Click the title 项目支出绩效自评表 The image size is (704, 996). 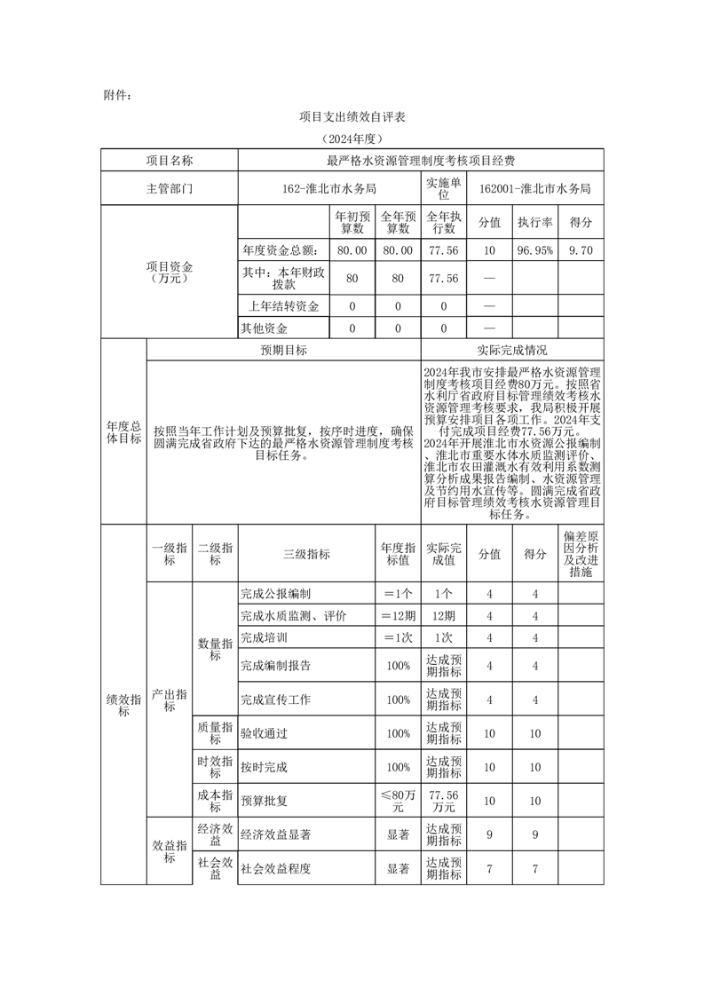352,116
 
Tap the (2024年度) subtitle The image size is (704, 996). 352,139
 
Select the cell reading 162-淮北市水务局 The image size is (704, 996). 328,188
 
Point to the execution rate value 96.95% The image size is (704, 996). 535,251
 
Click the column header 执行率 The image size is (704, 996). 535,222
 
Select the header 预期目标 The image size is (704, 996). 283,351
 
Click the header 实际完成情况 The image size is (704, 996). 511,351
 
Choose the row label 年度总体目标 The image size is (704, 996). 123,431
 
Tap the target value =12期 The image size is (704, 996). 398,616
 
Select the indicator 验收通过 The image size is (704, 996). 264,734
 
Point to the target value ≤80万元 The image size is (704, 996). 398,801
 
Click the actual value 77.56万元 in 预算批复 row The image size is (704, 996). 443,801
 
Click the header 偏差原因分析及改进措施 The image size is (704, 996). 580,554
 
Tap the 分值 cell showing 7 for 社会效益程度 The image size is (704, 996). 489,868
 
